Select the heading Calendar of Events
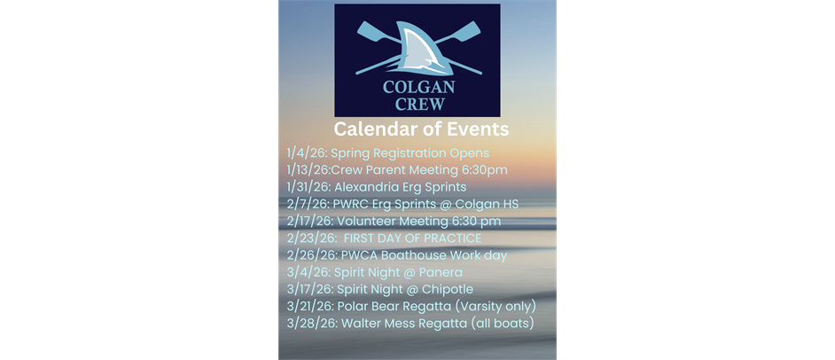coord(421,129)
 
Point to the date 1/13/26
coord(308,170)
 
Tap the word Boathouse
coord(409,255)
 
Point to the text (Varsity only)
coord(492,307)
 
